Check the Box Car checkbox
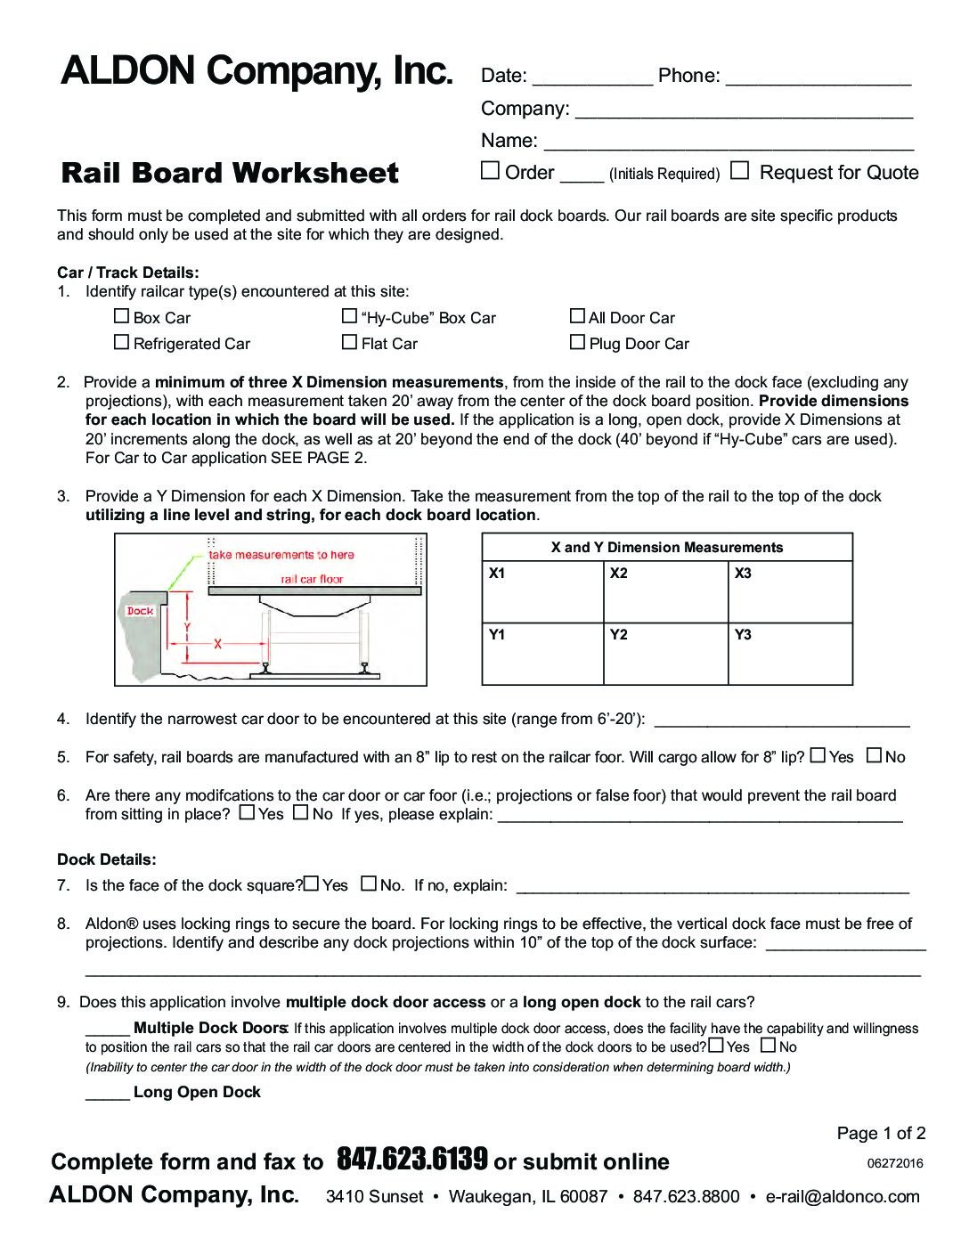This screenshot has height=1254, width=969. [x=122, y=316]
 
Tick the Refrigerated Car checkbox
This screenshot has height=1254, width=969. [x=122, y=342]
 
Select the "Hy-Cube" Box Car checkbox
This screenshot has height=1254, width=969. [x=350, y=316]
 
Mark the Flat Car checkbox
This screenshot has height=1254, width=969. [x=350, y=342]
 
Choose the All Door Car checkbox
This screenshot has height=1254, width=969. [x=577, y=316]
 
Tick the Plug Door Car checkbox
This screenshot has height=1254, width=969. [x=577, y=342]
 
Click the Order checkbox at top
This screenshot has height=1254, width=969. [x=490, y=171]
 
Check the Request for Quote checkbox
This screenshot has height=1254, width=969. [x=739, y=171]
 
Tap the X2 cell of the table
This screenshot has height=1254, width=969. [x=665, y=591]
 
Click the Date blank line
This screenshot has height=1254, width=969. [x=591, y=78]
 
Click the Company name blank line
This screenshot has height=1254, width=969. [x=744, y=111]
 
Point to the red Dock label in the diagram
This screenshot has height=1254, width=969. [x=140, y=611]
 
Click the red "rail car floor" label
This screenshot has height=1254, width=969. [x=312, y=579]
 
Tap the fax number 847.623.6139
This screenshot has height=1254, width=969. [x=412, y=1160]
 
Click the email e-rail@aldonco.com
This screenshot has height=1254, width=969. [x=843, y=1196]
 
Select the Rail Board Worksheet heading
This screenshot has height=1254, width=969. [x=230, y=173]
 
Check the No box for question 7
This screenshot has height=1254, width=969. [x=369, y=883]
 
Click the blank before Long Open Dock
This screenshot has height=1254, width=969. [x=107, y=1093]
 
